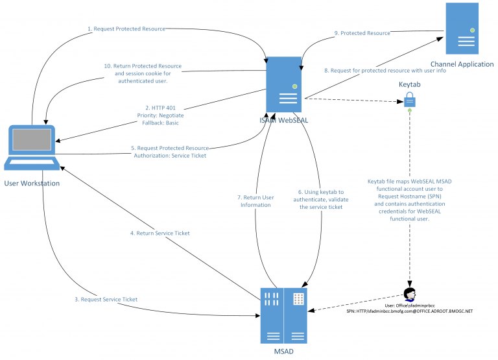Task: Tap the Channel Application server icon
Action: [x=465, y=29]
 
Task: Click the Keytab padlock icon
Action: [x=409, y=99]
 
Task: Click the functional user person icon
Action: [x=410, y=292]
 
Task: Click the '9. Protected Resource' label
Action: [x=361, y=32]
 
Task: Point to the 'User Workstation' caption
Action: [x=32, y=184]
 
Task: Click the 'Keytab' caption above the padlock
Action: [x=409, y=84]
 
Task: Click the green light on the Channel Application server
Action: [x=474, y=28]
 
